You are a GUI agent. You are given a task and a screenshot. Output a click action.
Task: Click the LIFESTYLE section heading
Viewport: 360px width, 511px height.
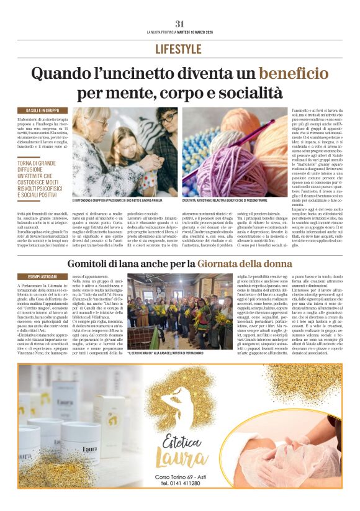pos(179,49)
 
